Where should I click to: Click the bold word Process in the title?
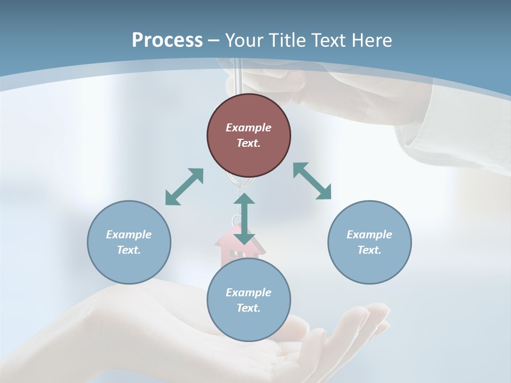[167, 40]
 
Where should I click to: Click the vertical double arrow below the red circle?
[244, 219]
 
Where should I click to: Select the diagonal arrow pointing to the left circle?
[184, 187]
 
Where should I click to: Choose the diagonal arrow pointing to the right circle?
[312, 181]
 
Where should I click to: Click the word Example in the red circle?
[249, 128]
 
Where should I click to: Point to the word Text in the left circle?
[129, 250]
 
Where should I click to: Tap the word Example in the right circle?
[369, 235]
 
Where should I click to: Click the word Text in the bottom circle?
[249, 308]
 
